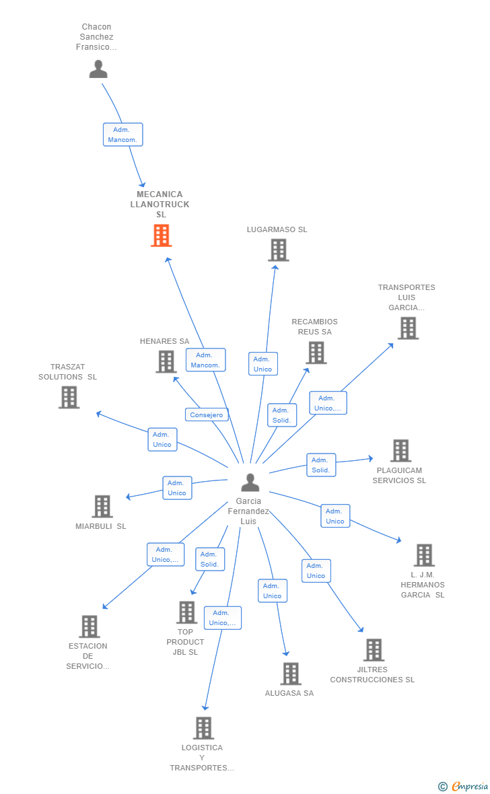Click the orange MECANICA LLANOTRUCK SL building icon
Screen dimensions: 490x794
161,236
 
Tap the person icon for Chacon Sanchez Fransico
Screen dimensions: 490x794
98,69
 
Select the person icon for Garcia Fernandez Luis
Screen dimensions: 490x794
250,482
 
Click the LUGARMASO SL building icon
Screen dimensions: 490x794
278,250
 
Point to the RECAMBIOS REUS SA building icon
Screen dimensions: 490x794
316,353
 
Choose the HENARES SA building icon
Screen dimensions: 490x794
166,362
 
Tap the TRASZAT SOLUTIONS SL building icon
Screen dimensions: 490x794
69,397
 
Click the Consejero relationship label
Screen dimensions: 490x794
206,414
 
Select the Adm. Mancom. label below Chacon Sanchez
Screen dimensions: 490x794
123,135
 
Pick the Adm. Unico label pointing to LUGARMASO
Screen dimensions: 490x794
263,363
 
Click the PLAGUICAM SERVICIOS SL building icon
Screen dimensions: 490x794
400,451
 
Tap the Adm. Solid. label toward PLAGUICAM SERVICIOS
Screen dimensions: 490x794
321,465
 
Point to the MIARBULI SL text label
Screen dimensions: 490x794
101,526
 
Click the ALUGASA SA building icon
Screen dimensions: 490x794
291,674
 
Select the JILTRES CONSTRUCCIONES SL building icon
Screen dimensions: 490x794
374,650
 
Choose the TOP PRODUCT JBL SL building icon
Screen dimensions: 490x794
186,613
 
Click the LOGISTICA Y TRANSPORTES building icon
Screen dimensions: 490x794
204,728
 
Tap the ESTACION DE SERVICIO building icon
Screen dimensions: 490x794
90,626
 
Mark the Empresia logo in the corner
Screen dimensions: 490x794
464,786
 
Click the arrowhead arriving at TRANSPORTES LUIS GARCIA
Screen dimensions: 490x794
390,346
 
